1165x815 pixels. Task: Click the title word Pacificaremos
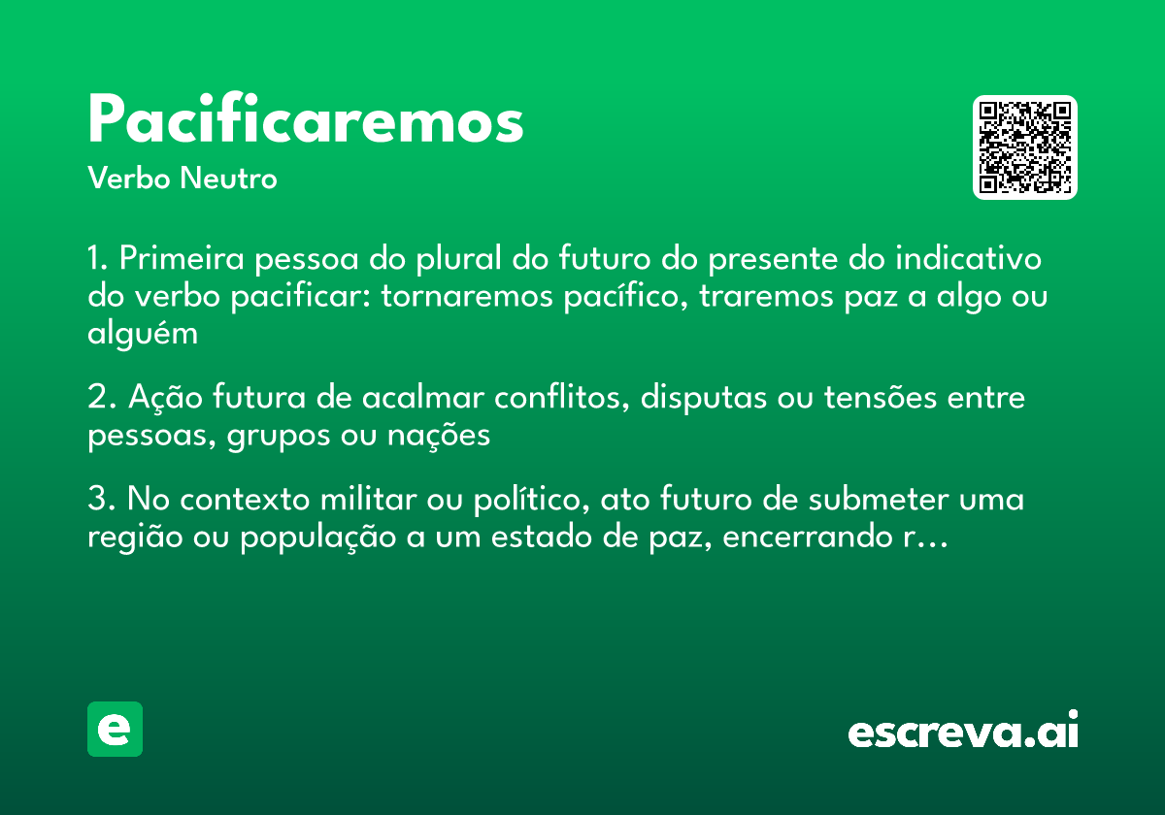tap(306, 122)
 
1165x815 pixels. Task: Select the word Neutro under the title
tap(228, 179)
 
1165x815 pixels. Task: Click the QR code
tap(1025, 147)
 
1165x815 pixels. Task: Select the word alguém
tap(143, 334)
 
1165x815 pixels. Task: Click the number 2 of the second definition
tap(95, 399)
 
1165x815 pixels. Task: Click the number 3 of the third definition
tap(95, 501)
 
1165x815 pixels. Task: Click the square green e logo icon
tap(115, 730)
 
